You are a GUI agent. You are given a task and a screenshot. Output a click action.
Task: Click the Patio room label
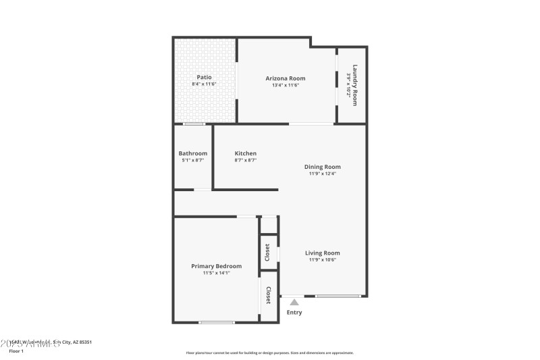(204, 77)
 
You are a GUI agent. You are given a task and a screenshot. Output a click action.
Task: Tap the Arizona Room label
(285, 78)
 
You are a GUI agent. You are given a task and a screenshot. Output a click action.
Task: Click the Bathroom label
(192, 153)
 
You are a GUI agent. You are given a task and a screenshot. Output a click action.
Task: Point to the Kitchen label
(245, 153)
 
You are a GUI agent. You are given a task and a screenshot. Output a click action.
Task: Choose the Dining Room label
(322, 166)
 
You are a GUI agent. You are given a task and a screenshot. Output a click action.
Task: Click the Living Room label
(322, 253)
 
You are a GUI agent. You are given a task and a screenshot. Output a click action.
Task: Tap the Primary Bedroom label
(216, 266)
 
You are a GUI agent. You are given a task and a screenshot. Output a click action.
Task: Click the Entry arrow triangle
(294, 302)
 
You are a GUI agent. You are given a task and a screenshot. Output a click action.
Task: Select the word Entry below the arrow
(294, 312)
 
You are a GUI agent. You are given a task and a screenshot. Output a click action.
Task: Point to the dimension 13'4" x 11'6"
(285, 85)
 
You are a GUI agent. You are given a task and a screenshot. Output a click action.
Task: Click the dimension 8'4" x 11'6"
(204, 84)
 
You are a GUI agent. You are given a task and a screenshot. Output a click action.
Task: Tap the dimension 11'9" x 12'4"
(322, 174)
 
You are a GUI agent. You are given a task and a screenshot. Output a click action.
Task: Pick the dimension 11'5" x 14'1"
(216, 273)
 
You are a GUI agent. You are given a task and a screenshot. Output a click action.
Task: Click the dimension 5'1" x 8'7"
(192, 160)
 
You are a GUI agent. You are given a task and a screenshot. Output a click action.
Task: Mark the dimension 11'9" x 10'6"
(322, 260)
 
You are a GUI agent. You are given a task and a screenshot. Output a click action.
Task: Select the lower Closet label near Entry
(269, 295)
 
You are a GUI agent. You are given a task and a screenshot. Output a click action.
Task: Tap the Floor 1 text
(16, 351)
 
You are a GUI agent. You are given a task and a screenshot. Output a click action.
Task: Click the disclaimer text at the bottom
(269, 353)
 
